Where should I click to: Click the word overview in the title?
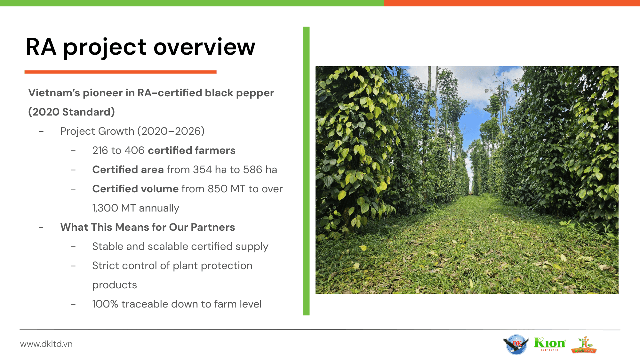click(x=204, y=47)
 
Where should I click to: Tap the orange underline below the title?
click(x=121, y=72)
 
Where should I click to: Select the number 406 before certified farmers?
click(x=134, y=150)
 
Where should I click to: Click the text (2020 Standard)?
click(x=72, y=112)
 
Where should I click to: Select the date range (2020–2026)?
click(x=171, y=131)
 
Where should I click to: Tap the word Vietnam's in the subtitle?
click(x=54, y=93)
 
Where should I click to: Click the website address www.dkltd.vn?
click(x=46, y=344)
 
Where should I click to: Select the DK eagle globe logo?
click(x=516, y=345)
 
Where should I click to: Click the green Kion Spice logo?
click(x=550, y=344)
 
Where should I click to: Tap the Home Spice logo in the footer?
click(x=584, y=345)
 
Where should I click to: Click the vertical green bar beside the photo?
click(x=306, y=171)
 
